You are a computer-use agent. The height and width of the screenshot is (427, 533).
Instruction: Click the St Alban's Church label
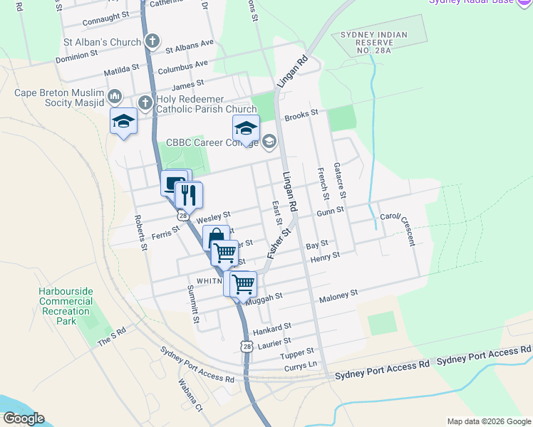pyautogui.click(x=103, y=42)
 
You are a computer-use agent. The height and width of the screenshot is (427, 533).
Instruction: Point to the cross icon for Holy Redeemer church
pyautogui.click(x=145, y=103)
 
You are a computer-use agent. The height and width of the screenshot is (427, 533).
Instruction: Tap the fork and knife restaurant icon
pyautogui.click(x=188, y=194)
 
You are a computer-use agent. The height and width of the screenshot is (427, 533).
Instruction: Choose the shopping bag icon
pyautogui.click(x=216, y=238)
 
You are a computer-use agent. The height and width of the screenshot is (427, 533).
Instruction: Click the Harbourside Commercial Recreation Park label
pyautogui.click(x=66, y=306)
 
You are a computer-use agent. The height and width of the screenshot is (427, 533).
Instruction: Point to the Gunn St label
pyautogui.click(x=331, y=211)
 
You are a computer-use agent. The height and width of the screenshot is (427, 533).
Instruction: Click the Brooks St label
pyautogui.click(x=301, y=113)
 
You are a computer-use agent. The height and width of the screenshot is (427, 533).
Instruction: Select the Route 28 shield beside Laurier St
pyautogui.click(x=246, y=346)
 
